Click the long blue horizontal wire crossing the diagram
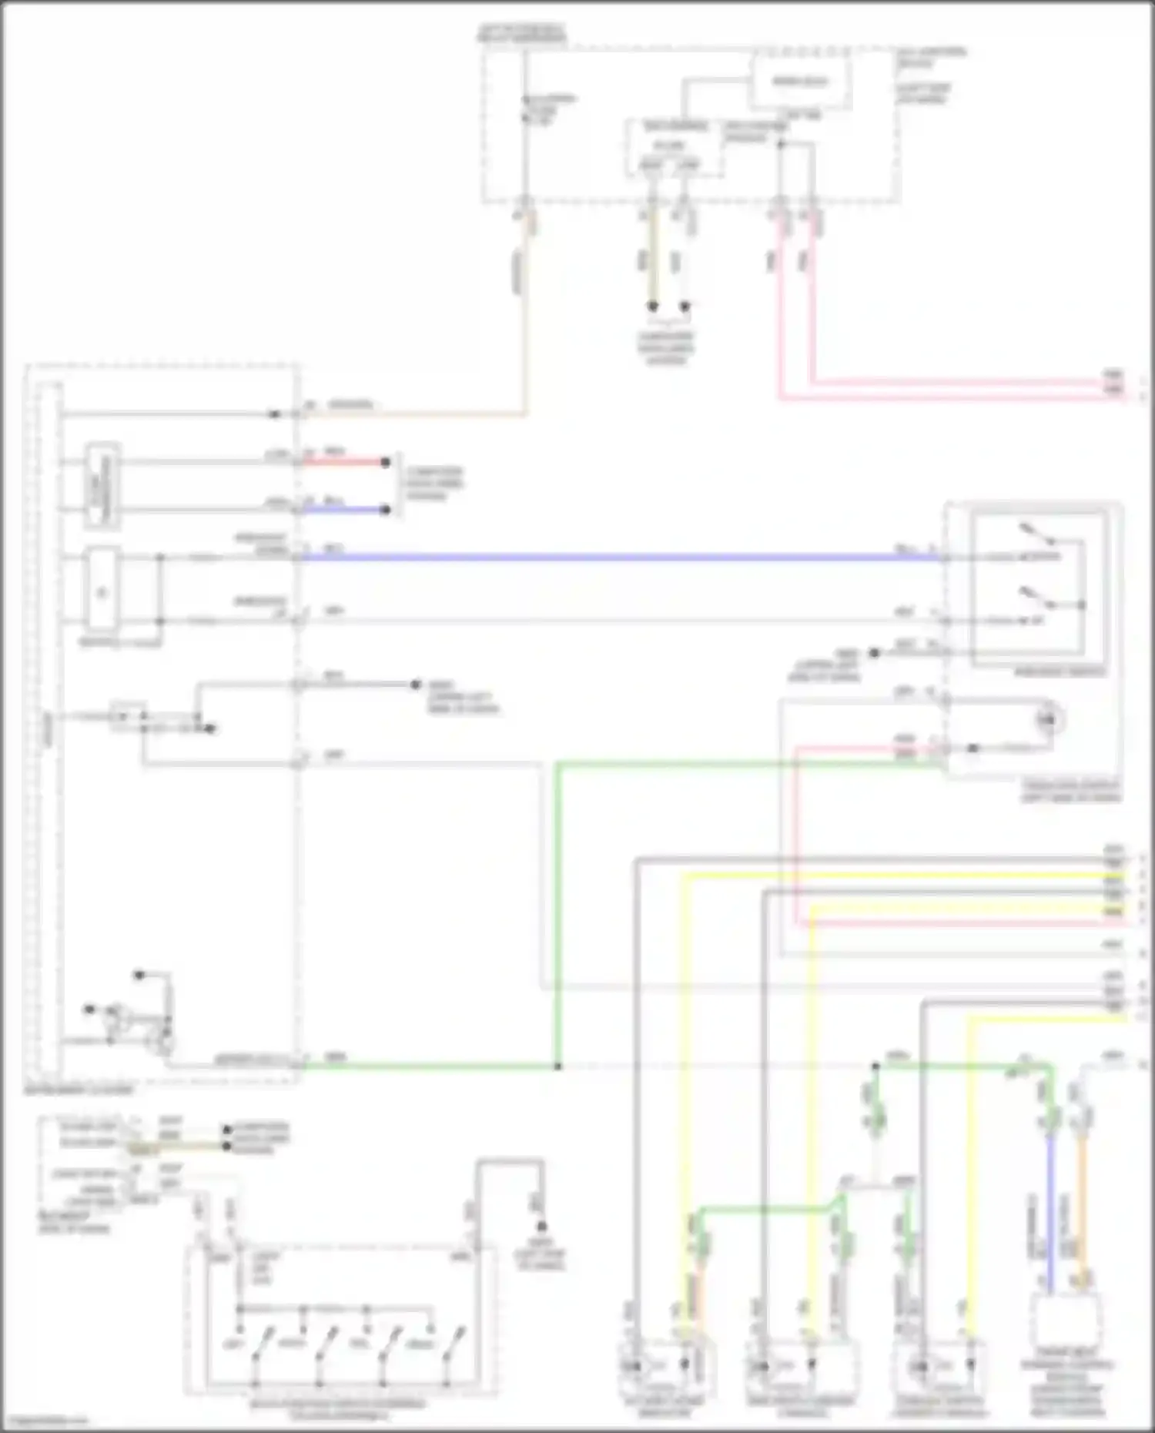pos(616,556)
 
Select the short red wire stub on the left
pos(343,462)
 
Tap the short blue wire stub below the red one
pos(343,509)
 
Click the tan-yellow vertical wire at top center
pos(652,262)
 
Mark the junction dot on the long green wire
pos(557,1066)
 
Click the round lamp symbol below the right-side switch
pos(1046,719)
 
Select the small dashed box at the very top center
pos(801,82)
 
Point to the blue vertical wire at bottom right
pos(1050,1217)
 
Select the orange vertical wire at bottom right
pos(1082,1217)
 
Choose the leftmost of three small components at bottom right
pos(666,1366)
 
